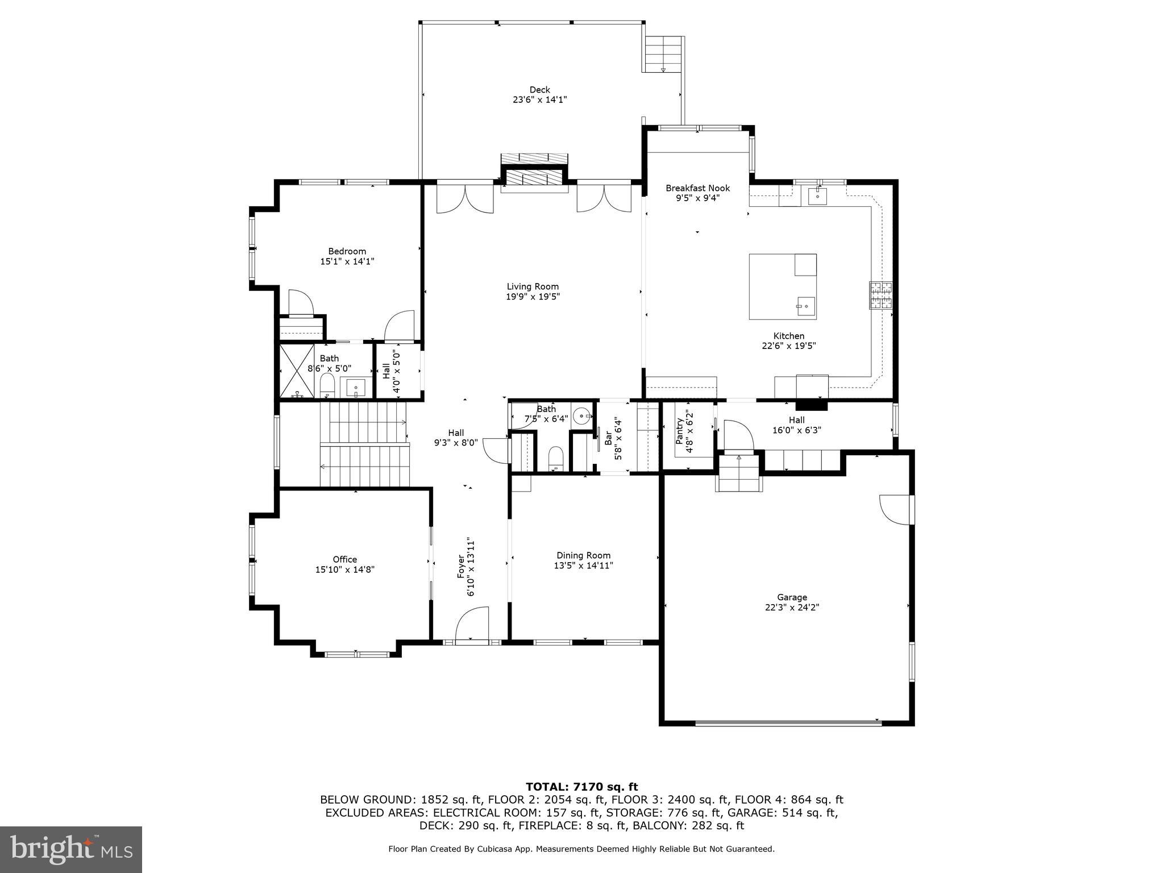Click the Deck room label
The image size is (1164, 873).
(539, 90)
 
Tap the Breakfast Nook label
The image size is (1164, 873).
(697, 188)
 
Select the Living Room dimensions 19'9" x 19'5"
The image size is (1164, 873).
(533, 297)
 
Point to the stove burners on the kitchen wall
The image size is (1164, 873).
(880, 296)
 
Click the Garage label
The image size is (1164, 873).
(792, 597)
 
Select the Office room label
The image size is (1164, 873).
(344, 560)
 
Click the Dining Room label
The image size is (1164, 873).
(583, 556)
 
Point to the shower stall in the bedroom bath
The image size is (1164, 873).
(297, 371)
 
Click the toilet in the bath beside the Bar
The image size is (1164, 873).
(556, 458)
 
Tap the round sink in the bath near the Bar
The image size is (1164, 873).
(581, 416)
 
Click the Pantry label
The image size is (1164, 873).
(680, 432)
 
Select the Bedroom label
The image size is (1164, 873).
(347, 252)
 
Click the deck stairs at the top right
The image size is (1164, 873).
(663, 53)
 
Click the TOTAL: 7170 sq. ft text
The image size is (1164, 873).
(581, 787)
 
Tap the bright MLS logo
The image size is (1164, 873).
(70, 849)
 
